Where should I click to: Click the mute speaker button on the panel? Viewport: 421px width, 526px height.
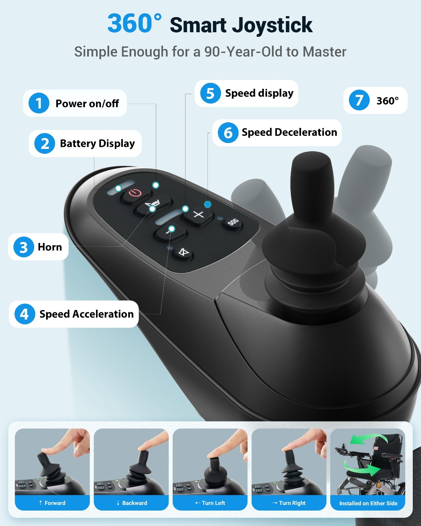(183, 253)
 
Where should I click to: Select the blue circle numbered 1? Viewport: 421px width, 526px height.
(39, 103)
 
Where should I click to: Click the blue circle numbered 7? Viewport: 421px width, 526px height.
(359, 100)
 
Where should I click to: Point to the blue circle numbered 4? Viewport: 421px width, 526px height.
(24, 314)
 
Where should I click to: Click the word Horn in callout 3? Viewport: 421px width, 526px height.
(50, 247)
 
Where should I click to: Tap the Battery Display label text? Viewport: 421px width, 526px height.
(97, 143)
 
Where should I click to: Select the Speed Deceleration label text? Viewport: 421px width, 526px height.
(289, 132)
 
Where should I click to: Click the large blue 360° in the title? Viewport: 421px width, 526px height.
(134, 23)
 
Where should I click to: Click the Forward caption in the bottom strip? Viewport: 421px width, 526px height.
(52, 503)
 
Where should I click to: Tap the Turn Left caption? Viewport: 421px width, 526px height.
(210, 503)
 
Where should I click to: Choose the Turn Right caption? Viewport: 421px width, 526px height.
(289, 503)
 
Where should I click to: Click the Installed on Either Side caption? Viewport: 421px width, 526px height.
(368, 503)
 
